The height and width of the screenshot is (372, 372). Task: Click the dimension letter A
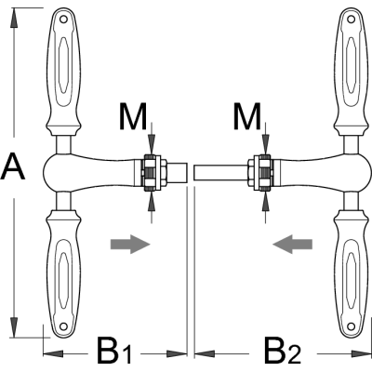tap(13, 166)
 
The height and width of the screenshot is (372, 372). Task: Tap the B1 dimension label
tap(114, 354)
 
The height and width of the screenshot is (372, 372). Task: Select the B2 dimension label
tap(283, 354)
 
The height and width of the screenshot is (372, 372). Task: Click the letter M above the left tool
tap(133, 116)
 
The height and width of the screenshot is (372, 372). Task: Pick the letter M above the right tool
tap(247, 116)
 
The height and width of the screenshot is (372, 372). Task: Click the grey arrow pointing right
tap(130, 245)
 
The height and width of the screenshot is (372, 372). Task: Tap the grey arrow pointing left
tap(292, 245)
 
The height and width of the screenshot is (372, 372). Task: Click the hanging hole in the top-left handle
tap(63, 20)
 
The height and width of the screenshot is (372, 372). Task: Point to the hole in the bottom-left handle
tap(63, 326)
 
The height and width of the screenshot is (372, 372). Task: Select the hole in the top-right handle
tap(351, 20)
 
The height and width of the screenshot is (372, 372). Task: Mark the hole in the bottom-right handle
tap(351, 326)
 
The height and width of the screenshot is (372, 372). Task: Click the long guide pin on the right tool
tap(220, 173)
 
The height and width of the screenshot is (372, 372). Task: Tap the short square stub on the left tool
tap(178, 172)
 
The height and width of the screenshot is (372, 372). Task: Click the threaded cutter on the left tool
tap(151, 173)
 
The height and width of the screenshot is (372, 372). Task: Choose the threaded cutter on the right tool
tap(263, 173)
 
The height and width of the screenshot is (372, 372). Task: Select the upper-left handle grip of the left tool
tap(63, 72)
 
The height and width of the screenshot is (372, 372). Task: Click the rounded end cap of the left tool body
tap(49, 173)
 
